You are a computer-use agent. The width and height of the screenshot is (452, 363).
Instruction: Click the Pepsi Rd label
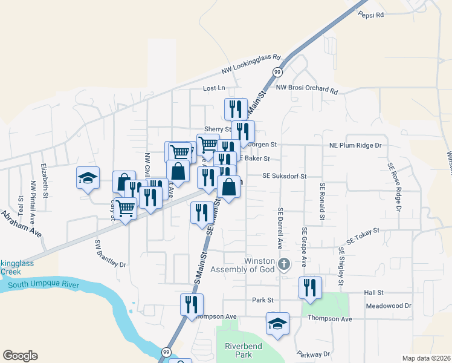click(x=371, y=15)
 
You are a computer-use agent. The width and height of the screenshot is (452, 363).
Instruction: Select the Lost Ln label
click(x=214, y=88)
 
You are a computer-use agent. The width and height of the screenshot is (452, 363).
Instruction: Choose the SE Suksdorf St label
click(x=285, y=176)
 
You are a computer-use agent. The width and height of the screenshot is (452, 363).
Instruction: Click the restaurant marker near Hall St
click(x=310, y=287)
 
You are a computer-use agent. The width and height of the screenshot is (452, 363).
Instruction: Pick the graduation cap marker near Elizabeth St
click(x=88, y=178)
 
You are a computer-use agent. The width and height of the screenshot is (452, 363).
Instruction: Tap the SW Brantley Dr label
click(x=110, y=253)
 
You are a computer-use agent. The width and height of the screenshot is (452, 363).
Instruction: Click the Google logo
click(x=20, y=356)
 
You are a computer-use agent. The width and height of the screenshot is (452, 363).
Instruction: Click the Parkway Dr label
click(x=314, y=354)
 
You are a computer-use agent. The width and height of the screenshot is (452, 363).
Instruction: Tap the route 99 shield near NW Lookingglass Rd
click(x=277, y=72)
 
